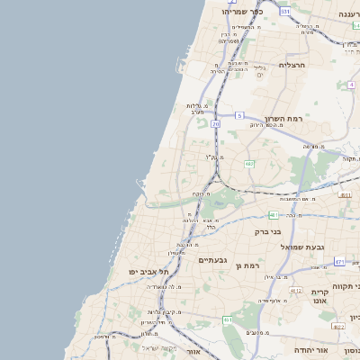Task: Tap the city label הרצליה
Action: tap(293, 65)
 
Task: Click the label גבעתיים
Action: tap(212, 260)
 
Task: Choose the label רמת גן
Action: tap(245, 265)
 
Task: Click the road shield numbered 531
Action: tap(285, 12)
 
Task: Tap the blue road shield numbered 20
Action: tap(216, 123)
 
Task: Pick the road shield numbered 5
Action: tap(240, 116)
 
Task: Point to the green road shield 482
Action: tap(249, 164)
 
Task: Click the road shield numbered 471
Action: tap(339, 262)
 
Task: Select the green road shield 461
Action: tap(228, 319)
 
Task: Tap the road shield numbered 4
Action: tap(350, 85)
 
